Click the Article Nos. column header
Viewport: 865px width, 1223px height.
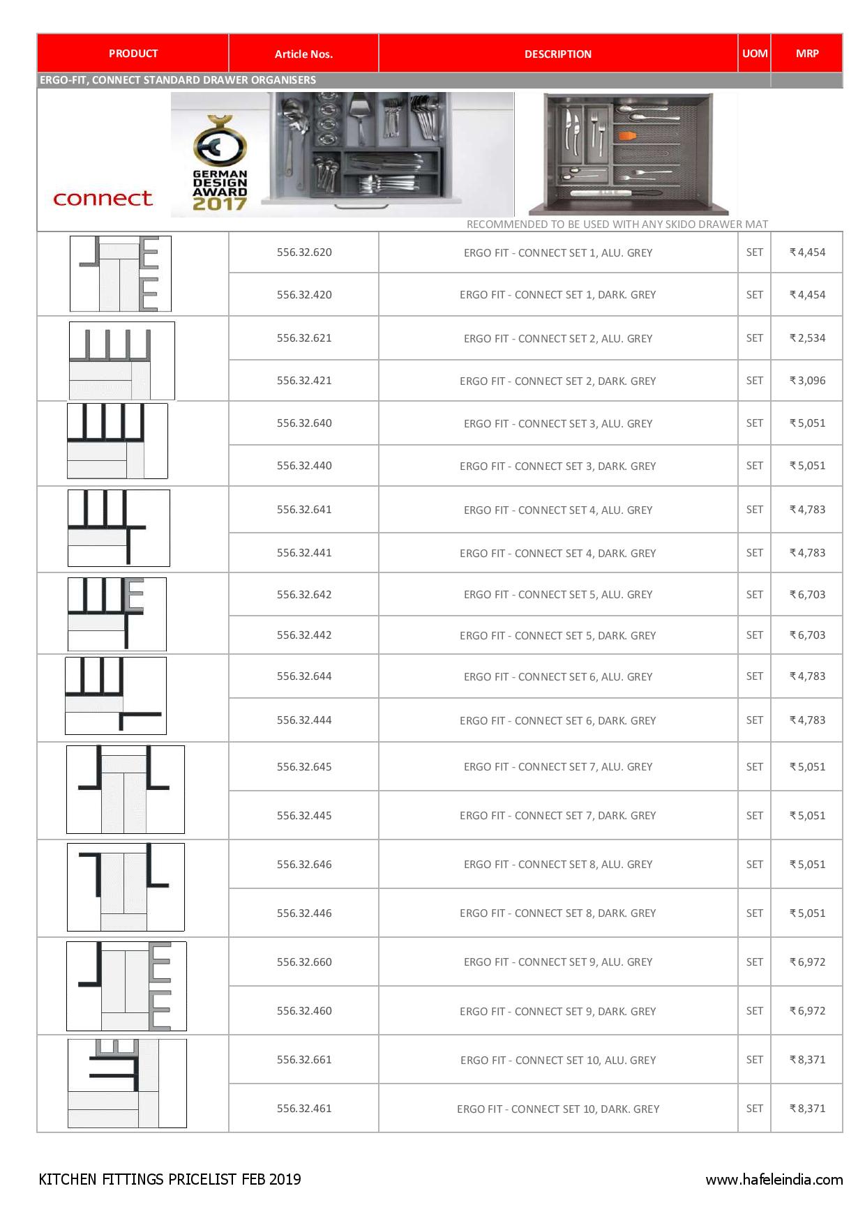point(303,54)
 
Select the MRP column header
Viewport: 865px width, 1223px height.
point(807,53)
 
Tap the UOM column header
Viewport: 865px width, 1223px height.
point(755,53)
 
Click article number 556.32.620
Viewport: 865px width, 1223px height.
point(304,252)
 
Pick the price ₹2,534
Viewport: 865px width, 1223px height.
point(807,338)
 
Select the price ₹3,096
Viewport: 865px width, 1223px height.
point(807,381)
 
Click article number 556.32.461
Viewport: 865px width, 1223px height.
point(304,1108)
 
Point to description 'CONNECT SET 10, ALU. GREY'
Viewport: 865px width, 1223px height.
point(558,1060)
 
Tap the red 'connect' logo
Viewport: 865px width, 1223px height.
point(103,199)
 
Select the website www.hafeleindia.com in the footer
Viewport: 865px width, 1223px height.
point(774,1180)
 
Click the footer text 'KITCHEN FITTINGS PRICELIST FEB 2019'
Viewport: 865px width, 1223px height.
point(170,1179)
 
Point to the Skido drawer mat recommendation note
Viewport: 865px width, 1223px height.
point(617,225)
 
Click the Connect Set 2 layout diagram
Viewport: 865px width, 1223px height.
point(121,360)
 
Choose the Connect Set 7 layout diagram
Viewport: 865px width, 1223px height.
point(126,789)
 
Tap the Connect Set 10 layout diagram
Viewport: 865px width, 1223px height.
point(127,1083)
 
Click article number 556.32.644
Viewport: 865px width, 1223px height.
point(304,676)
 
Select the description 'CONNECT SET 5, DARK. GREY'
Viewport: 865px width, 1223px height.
point(558,635)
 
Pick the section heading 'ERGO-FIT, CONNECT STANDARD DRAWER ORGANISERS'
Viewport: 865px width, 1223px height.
point(178,80)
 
